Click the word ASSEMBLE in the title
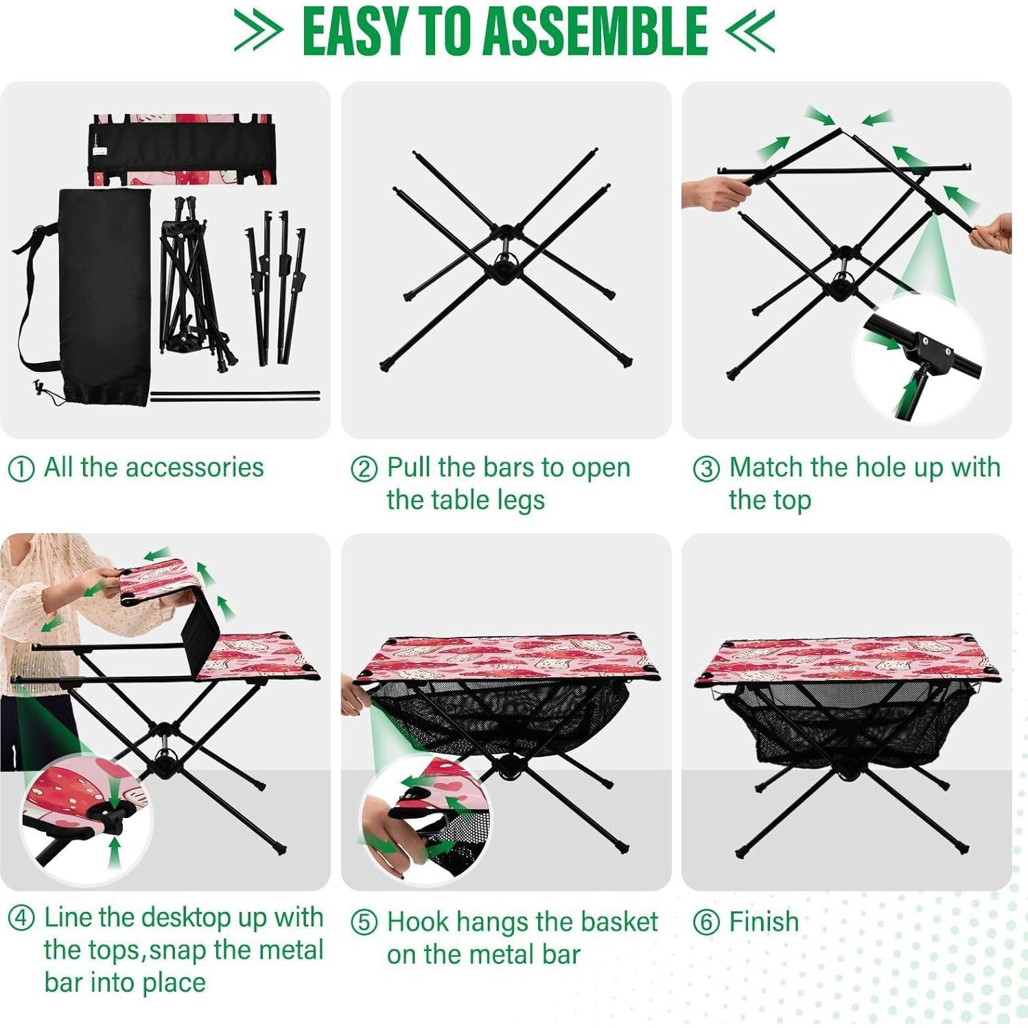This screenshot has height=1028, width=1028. [596, 32]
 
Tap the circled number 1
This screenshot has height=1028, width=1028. [21, 469]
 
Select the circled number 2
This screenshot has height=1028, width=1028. [364, 469]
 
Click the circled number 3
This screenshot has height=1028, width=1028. [706, 469]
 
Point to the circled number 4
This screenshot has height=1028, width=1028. [21, 918]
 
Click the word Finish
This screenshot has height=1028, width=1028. [764, 922]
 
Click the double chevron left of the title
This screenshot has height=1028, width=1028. [258, 32]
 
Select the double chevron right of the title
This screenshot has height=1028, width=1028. [750, 32]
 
